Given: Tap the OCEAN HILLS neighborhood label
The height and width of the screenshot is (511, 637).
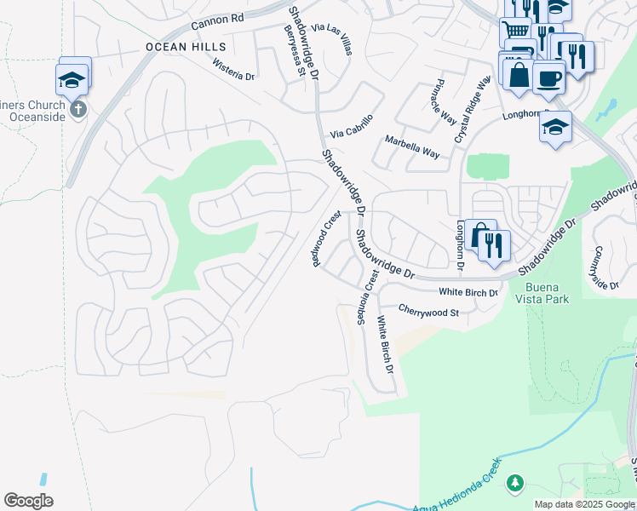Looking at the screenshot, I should tap(186, 47).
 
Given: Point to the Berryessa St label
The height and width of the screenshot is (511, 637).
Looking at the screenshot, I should tap(295, 52).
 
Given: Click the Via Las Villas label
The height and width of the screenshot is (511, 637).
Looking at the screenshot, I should tap(331, 39).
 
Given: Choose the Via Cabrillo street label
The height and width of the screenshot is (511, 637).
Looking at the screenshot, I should tap(352, 126).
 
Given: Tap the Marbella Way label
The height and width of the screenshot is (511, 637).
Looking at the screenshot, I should tap(412, 146).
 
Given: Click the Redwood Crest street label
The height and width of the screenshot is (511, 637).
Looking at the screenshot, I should tap(326, 238).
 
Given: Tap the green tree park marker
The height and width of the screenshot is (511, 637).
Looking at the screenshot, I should tap(514, 483).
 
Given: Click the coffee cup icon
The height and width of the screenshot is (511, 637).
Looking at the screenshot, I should tap(549, 78).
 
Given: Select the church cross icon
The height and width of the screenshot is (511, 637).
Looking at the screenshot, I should tap(77, 109).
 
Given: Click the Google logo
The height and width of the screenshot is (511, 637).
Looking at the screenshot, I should tap(28, 501).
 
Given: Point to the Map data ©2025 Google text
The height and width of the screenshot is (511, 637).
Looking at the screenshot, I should tap(583, 504).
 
